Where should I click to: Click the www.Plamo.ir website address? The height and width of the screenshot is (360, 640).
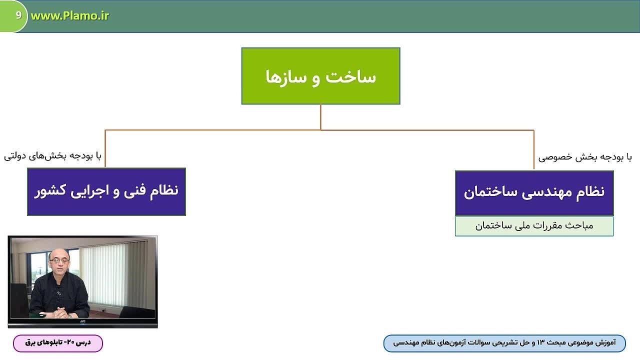point(69,16)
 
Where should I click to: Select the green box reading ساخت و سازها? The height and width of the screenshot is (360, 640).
point(320,76)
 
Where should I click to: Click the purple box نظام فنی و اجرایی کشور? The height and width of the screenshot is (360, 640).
point(106,191)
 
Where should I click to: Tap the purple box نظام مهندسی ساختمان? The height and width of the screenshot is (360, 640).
point(534,193)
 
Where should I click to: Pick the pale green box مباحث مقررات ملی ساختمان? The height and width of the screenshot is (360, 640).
point(534,226)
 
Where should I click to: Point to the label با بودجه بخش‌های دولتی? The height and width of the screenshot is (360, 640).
point(52,156)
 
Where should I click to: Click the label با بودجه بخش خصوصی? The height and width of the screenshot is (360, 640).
point(585,157)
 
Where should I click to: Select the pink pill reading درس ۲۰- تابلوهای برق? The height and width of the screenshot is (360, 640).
point(58,343)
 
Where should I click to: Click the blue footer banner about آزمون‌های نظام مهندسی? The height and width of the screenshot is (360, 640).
point(504,343)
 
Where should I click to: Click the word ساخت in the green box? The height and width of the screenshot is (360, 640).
point(351,77)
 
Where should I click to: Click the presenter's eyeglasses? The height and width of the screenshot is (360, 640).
point(59,260)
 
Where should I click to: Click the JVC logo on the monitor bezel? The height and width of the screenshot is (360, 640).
point(82,321)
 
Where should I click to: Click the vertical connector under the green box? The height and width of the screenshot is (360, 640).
point(320,117)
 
